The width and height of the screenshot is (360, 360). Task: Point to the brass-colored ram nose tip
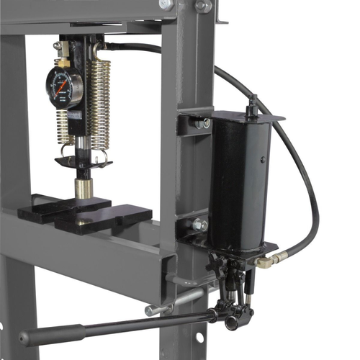(x=84, y=189)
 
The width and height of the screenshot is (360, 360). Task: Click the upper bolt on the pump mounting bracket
(x=202, y=123)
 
